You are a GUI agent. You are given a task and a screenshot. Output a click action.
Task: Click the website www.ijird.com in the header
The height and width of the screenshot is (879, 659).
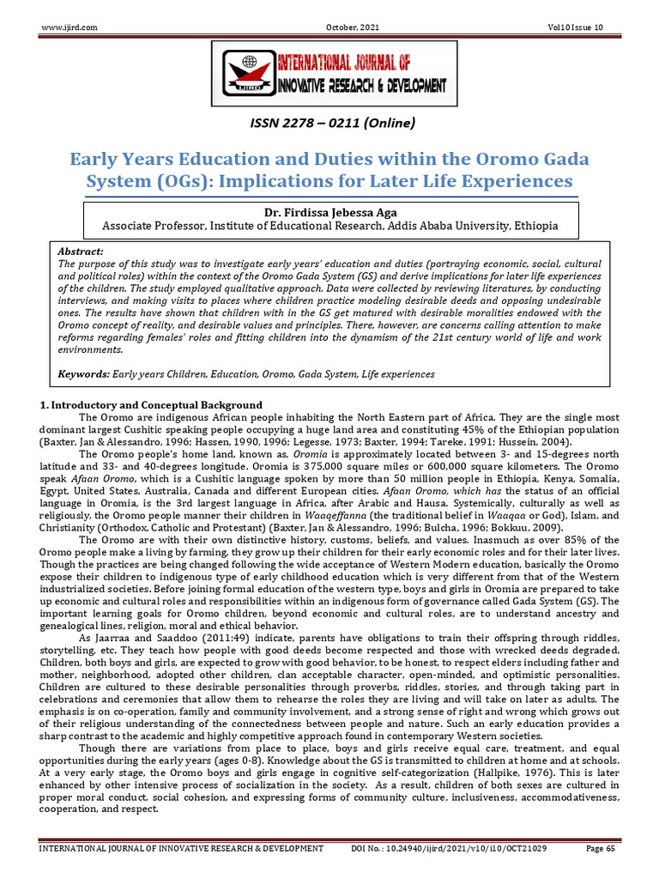pos(70,27)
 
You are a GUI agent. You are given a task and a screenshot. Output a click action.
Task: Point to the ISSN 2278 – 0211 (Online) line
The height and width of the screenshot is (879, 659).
pos(329,124)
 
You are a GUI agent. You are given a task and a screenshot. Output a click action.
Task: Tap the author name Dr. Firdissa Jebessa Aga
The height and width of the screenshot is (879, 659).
pos(329,213)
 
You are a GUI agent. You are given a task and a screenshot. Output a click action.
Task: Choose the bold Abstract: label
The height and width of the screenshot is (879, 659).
pos(79,251)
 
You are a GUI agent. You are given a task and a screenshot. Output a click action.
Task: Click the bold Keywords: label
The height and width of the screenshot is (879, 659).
pos(83,374)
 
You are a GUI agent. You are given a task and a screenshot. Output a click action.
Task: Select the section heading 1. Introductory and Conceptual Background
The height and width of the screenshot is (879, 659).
pos(152,405)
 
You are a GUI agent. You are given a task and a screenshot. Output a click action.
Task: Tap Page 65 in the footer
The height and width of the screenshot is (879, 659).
pos(601,849)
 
